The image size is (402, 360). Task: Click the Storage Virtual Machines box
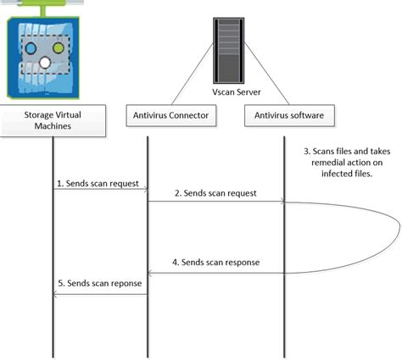click(52, 119)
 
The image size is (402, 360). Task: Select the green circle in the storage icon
click(59, 50)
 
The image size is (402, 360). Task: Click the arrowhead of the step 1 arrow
click(146, 190)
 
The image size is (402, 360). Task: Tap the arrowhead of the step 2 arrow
click(281, 202)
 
